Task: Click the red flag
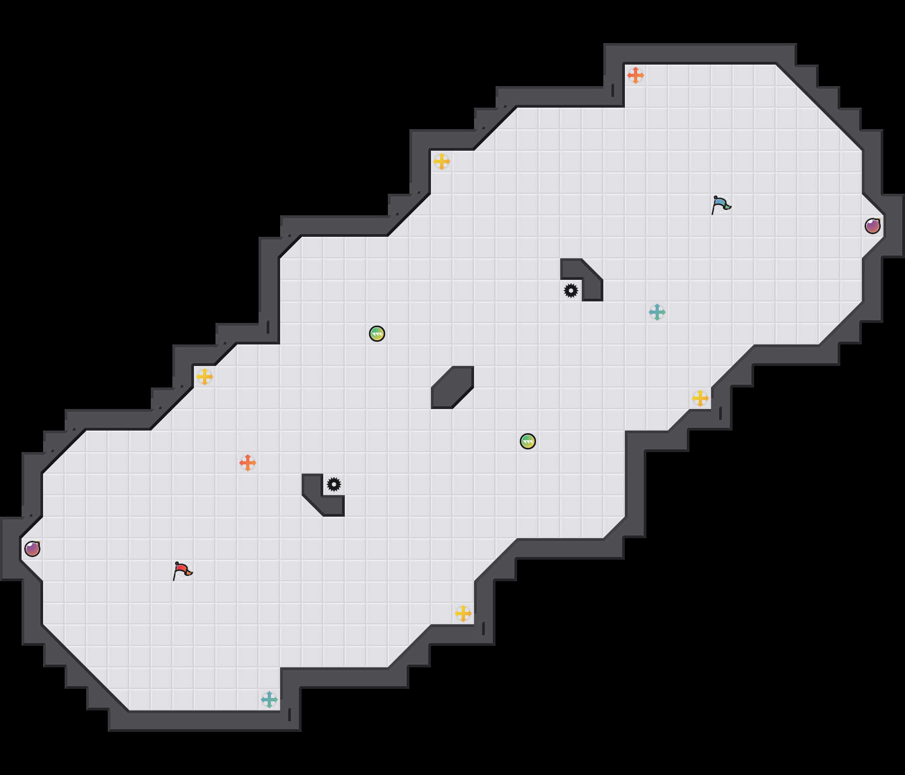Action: [182, 569]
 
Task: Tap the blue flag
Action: [721, 203]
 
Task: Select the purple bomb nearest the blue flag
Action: [873, 226]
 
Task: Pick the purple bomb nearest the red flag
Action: [32, 549]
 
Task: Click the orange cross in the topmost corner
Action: [636, 75]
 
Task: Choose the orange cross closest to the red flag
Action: [248, 463]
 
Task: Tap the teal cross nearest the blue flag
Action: [657, 312]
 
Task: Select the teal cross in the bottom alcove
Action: [269, 700]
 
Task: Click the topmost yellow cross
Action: [442, 161]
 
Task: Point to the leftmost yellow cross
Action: [205, 377]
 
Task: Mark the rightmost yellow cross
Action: [700, 398]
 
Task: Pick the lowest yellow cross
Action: [463, 614]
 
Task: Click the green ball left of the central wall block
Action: [377, 334]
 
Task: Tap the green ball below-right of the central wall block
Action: [528, 441]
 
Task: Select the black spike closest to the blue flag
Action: [571, 291]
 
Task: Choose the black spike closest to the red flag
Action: [334, 484]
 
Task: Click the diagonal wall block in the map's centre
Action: [452, 387]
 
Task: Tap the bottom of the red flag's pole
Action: [174, 580]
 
